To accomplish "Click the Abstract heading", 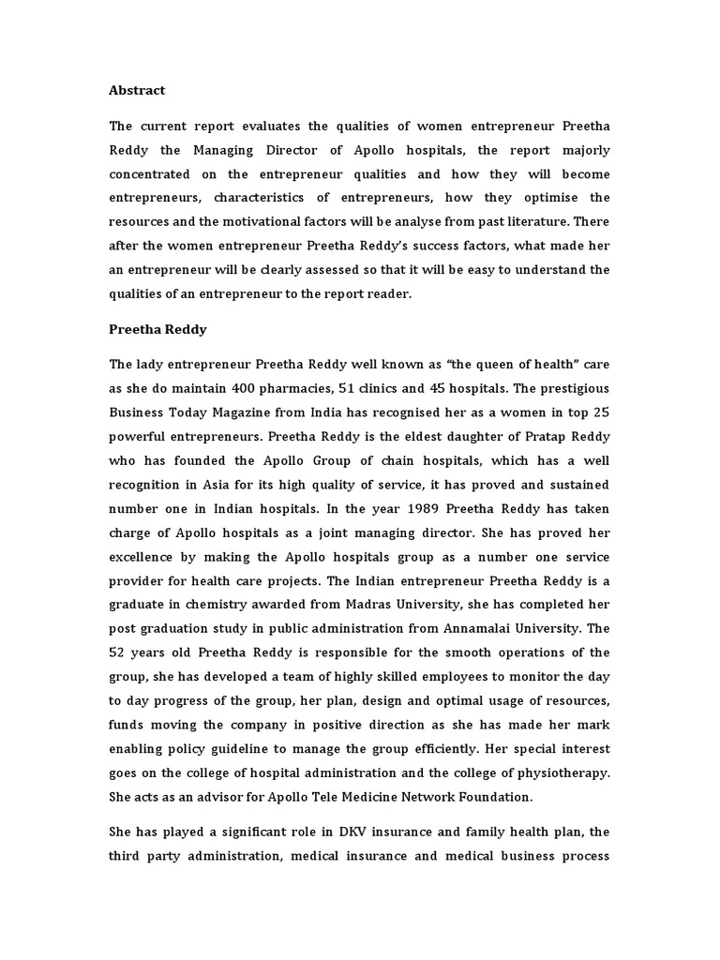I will [137, 90].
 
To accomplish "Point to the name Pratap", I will [527, 436].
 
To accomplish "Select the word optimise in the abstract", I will [531, 198].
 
